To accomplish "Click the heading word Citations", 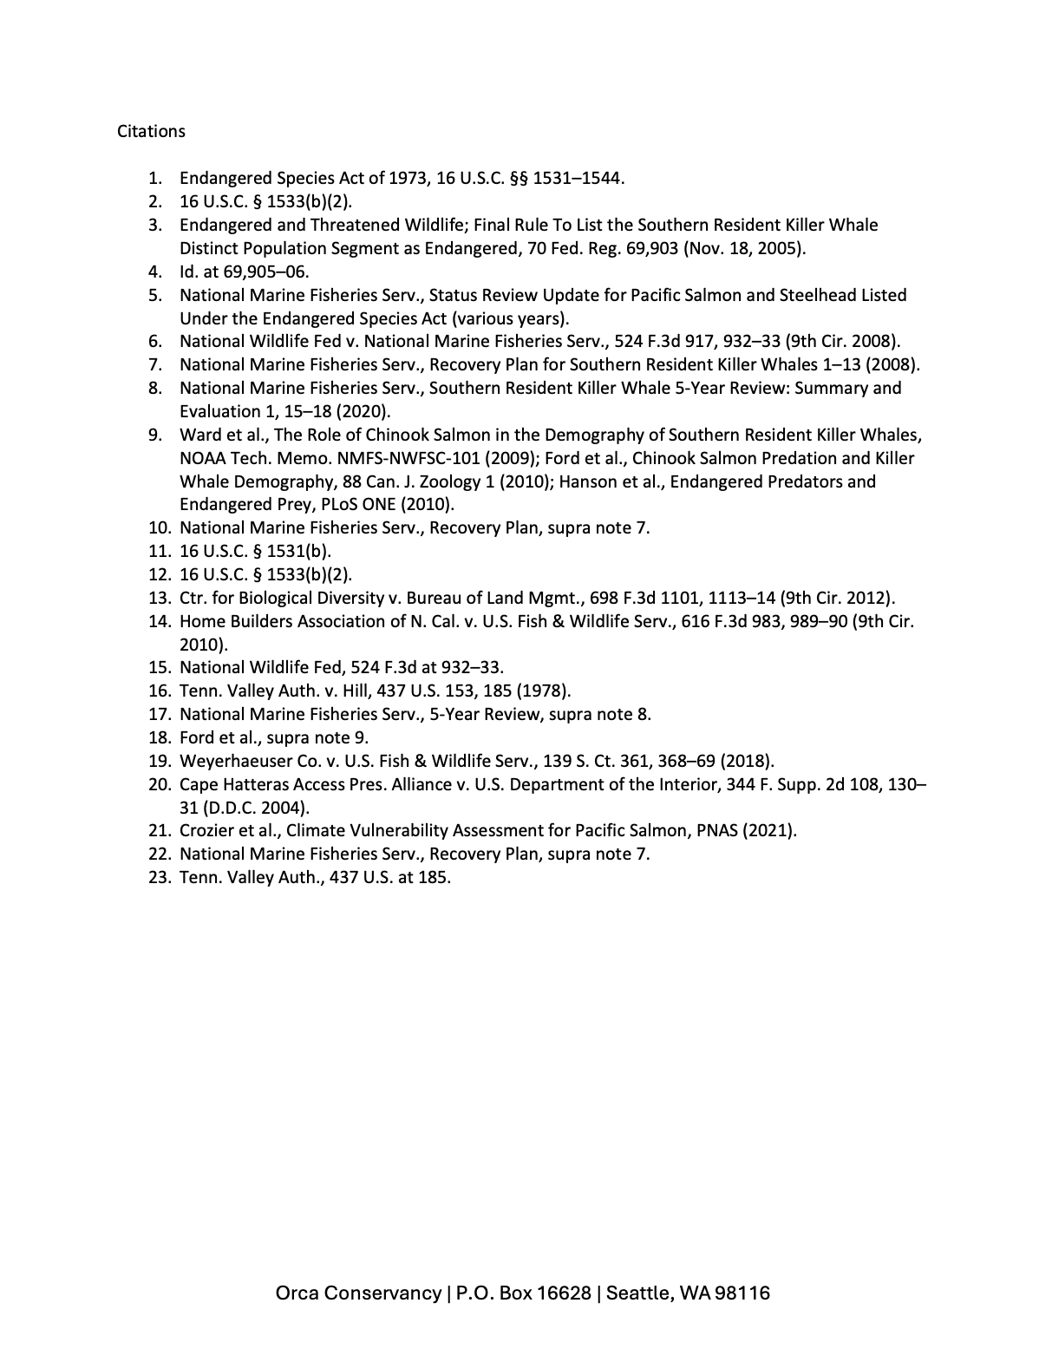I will click(151, 131).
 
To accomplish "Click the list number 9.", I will click(154, 435).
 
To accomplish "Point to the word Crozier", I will click(206, 830).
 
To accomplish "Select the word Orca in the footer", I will click(297, 1293).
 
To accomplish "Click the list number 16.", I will click(157, 691).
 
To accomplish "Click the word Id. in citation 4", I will click(188, 272).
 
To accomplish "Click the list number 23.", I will click(157, 877).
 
